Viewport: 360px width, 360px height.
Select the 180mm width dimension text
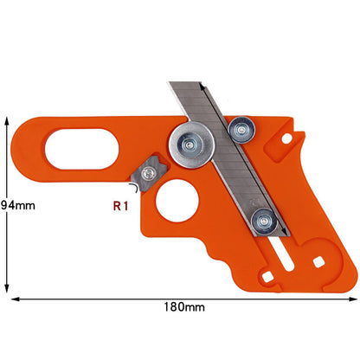coord(183,306)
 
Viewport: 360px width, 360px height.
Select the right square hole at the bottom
coord(319,260)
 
